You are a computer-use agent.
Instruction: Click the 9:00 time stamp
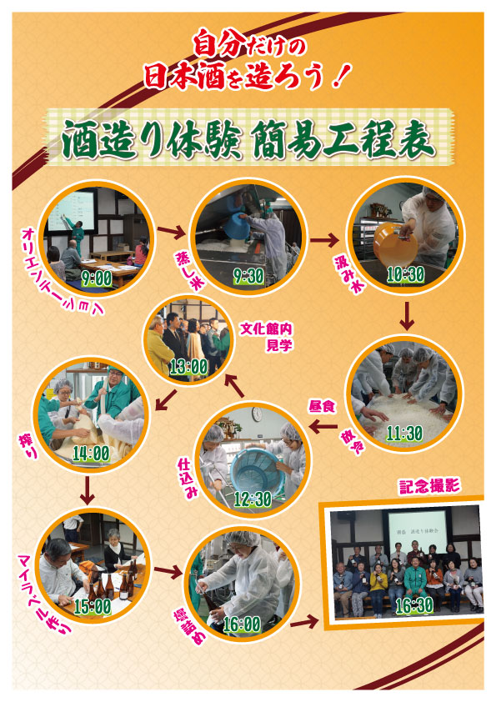point(97,278)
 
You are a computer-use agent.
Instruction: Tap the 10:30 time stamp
point(406,274)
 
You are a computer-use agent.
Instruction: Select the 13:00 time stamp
point(189,367)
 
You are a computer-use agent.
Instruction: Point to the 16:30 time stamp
point(414,605)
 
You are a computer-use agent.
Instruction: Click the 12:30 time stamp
point(253,499)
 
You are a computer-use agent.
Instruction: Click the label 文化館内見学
point(267,337)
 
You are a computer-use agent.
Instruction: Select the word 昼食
point(322,407)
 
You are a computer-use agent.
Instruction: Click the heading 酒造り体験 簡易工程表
point(248,139)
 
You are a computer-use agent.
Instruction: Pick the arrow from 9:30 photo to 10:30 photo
point(324,240)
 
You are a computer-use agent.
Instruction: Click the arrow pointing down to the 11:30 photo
point(407,316)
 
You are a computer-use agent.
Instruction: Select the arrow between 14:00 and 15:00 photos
point(88,490)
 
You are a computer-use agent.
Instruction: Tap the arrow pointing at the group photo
point(304,622)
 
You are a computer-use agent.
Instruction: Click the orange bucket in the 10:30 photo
point(395,245)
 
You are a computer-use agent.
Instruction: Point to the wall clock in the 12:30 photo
point(257,414)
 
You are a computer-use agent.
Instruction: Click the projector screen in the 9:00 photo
point(71,211)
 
